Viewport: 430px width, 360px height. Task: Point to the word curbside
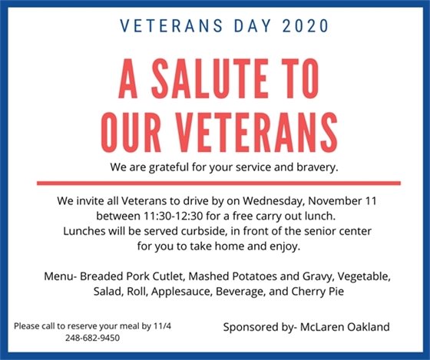point(229,231)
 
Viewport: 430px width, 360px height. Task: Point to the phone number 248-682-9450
point(91,337)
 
